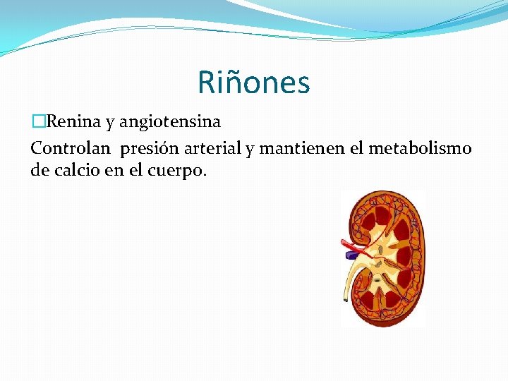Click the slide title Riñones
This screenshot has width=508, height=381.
(x=253, y=82)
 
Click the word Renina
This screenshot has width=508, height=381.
(x=72, y=122)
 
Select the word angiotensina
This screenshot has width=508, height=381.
(x=169, y=122)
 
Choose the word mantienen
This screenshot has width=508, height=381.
(x=301, y=148)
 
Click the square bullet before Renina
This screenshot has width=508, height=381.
(x=37, y=122)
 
